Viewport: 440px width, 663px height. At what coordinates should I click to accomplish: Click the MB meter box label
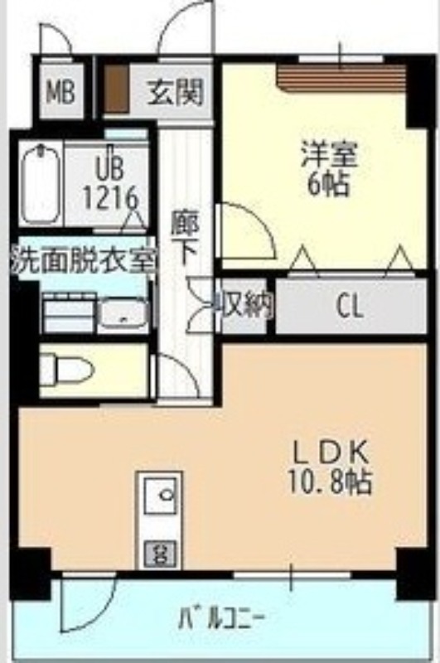tap(60, 91)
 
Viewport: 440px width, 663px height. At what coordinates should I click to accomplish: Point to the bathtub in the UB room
tap(41, 185)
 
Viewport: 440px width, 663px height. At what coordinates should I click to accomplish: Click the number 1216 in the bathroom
tap(111, 197)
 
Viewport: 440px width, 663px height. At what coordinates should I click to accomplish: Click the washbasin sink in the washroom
tap(123, 313)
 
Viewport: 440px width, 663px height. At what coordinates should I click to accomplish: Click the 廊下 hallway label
tap(185, 238)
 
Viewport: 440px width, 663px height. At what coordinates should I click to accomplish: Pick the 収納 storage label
tap(244, 304)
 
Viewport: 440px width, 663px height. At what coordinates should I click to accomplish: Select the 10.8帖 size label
tap(329, 482)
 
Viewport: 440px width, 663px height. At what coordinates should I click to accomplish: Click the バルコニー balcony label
tap(222, 618)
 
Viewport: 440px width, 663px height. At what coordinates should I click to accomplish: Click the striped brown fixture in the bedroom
tap(341, 79)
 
